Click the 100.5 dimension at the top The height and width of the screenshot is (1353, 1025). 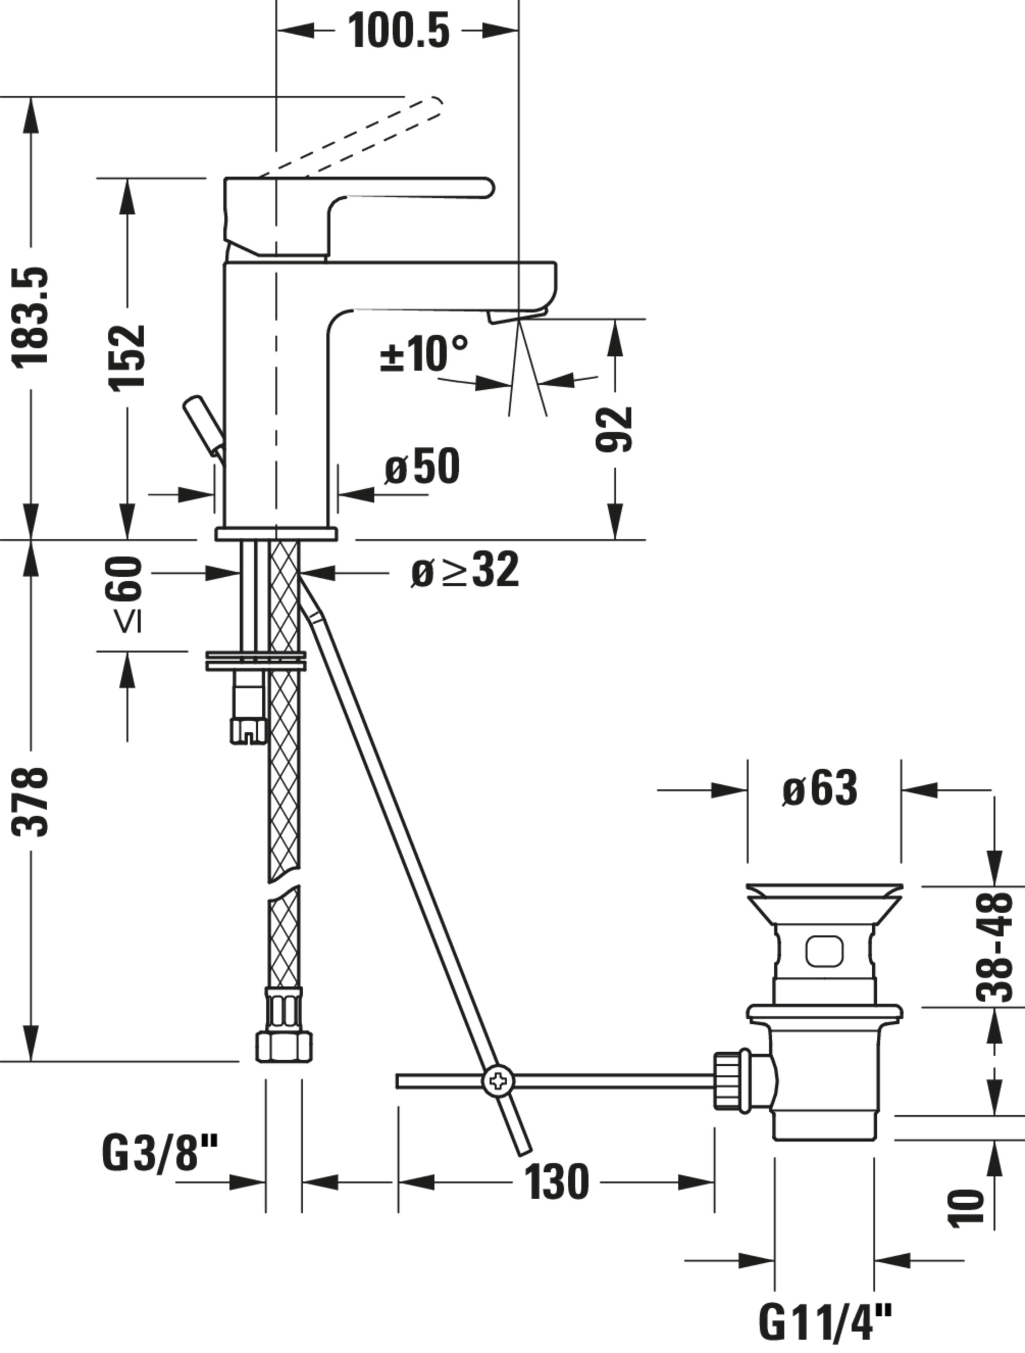tap(398, 31)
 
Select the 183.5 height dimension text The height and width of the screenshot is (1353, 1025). tap(31, 318)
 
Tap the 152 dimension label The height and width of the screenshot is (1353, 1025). tap(127, 358)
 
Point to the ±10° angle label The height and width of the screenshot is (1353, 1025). tap(424, 354)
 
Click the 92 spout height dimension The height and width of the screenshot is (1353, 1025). tap(614, 429)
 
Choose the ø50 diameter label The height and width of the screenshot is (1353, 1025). tap(422, 467)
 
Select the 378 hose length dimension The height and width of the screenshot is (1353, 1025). tap(31, 801)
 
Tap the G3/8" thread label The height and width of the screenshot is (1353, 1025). tap(160, 1153)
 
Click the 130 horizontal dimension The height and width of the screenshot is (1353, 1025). tap(556, 1183)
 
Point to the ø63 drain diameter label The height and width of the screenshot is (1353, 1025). tap(820, 788)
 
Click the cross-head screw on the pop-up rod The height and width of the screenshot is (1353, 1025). tap(499, 1081)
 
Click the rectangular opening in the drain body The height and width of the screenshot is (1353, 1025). tap(824, 951)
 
